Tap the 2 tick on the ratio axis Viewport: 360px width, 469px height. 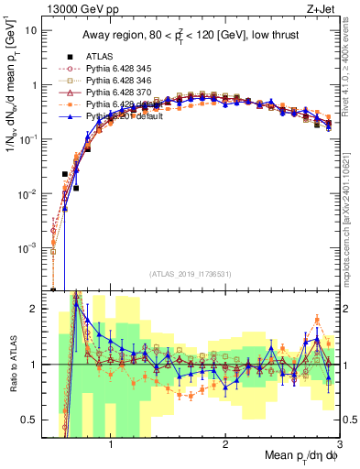pyautogui.click(x=35, y=310)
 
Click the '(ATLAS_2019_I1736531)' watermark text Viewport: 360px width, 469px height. pyautogui.click(x=196, y=273)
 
